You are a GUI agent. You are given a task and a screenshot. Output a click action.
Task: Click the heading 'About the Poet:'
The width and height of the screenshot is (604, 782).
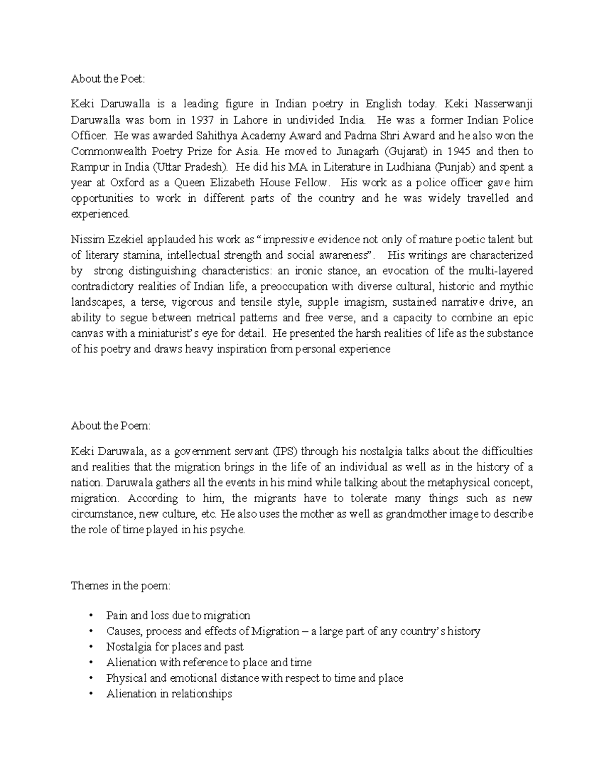coord(108,79)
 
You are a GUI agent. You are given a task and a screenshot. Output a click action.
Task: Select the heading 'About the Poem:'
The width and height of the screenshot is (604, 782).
coord(111,426)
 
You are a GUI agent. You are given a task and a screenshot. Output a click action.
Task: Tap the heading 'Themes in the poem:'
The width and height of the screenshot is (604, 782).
coord(121,586)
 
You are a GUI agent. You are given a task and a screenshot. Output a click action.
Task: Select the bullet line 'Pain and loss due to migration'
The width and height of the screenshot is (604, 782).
coord(178,616)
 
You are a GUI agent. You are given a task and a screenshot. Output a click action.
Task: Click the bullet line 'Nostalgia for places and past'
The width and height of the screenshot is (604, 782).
coord(175,647)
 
